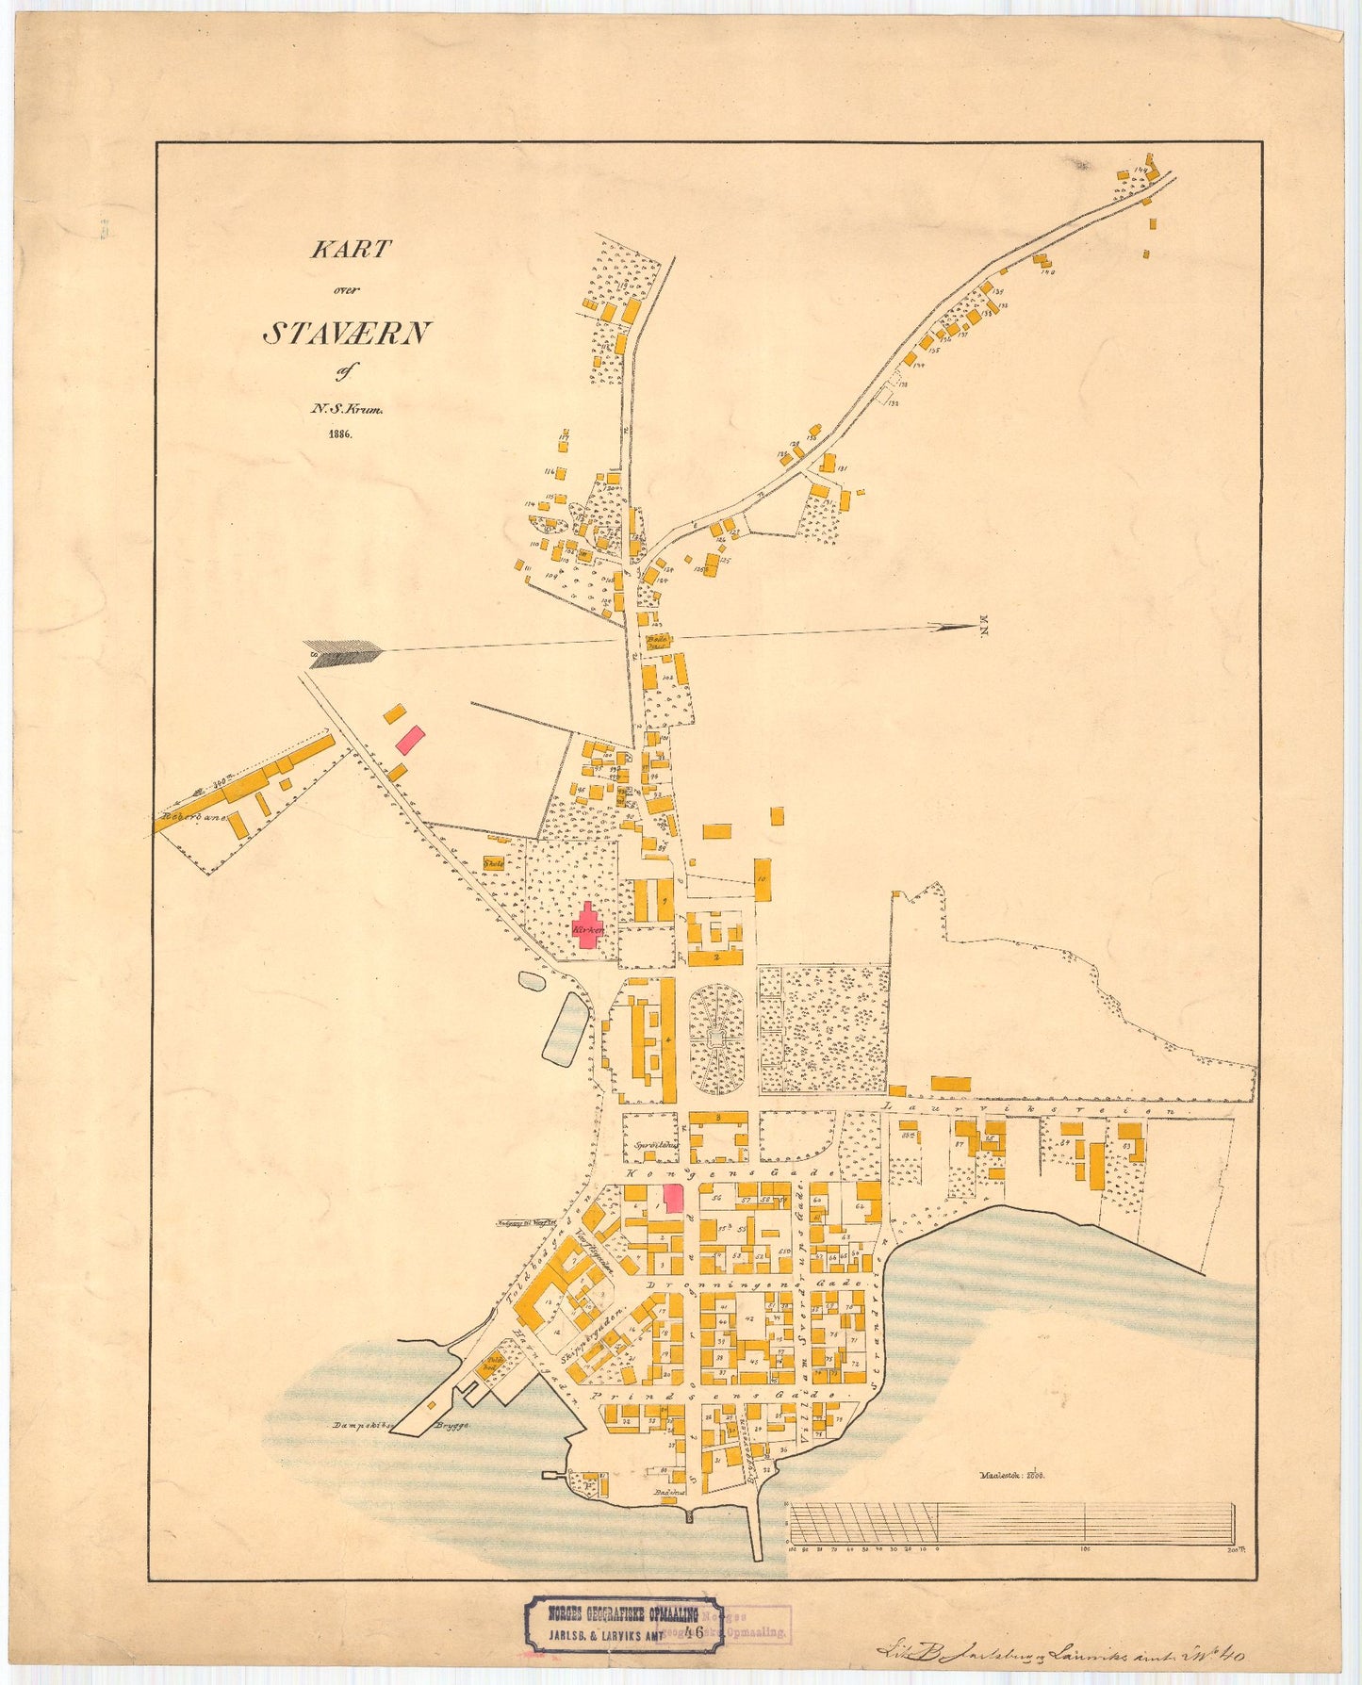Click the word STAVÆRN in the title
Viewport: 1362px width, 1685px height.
tap(346, 333)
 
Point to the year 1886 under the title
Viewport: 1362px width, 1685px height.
tap(339, 434)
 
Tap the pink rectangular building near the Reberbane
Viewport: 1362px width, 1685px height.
tap(409, 738)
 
